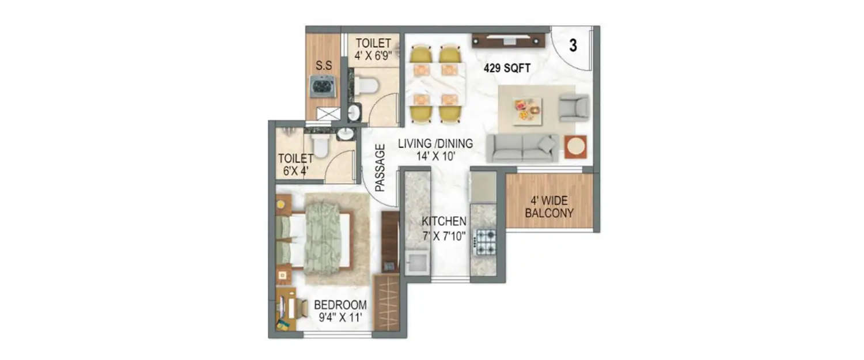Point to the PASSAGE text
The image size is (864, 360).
tap(380, 168)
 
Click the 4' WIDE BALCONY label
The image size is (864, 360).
tap(551, 207)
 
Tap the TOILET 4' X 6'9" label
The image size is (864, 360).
tap(373, 50)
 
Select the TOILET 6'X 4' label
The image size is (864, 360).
tap(295, 164)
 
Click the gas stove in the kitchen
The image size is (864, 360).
tap(484, 242)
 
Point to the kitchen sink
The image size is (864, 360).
tap(416, 262)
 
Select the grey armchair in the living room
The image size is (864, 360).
tap(574, 108)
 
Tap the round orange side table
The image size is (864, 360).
tap(575, 146)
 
